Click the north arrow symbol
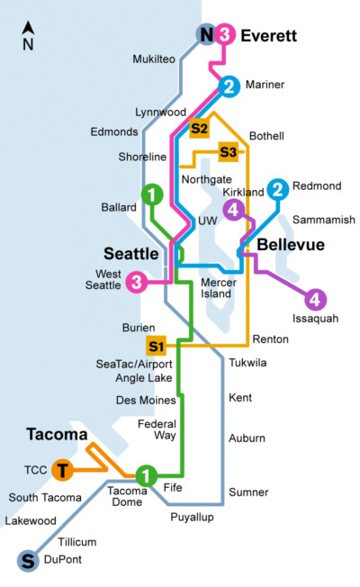(x=29, y=34)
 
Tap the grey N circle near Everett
(x=206, y=35)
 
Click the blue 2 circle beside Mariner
(x=229, y=86)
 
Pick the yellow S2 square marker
(x=199, y=129)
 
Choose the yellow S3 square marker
(x=229, y=151)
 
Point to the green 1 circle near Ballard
(x=152, y=194)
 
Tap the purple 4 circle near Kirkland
(x=235, y=210)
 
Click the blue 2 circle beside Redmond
(x=278, y=189)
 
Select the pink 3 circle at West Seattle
(x=136, y=282)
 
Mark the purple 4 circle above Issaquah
(x=316, y=299)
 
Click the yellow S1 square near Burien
(x=157, y=346)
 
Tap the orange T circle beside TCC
(x=62, y=470)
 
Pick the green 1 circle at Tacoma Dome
(x=147, y=474)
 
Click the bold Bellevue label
(x=291, y=245)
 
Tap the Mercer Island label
(x=218, y=289)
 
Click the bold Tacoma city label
(x=57, y=435)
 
